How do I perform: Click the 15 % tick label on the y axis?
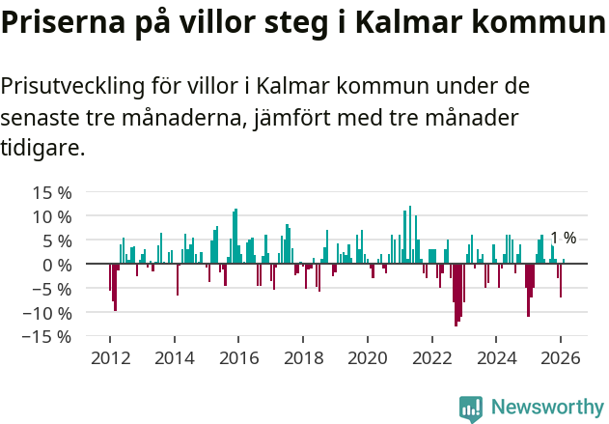[x=52, y=192]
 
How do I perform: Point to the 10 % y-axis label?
[x=52, y=216]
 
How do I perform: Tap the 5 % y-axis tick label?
[x=57, y=240]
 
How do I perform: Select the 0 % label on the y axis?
[x=57, y=265]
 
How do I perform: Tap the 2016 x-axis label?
[x=238, y=357]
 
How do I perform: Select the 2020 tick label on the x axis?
[x=368, y=357]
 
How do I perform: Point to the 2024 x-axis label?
[x=497, y=357]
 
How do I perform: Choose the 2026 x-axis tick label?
[x=561, y=357]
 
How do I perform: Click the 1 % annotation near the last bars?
[x=563, y=239]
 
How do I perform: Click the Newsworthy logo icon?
[x=471, y=408]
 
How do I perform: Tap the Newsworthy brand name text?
[x=546, y=408]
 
